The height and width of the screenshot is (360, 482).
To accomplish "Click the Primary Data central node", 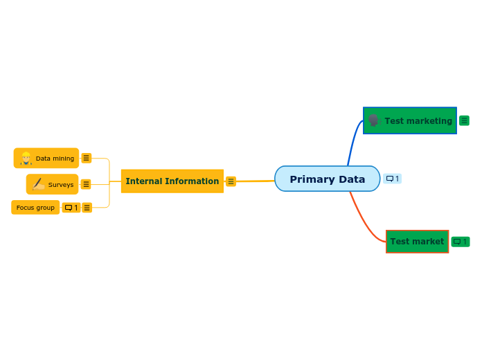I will click(327, 179).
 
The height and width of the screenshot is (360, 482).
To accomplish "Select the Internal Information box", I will click(172, 181).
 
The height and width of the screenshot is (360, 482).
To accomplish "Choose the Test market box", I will click(417, 242).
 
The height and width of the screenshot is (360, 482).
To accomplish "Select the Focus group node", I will click(35, 208).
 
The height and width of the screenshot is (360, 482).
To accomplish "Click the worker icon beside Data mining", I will click(26, 159).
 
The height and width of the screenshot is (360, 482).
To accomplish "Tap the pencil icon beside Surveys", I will click(38, 184).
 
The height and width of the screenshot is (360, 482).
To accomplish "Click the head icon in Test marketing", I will click(373, 120).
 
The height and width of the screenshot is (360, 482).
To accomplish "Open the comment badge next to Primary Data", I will click(392, 179).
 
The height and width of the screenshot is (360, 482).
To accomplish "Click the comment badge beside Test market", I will click(460, 242).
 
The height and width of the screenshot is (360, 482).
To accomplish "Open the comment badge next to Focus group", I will click(71, 208).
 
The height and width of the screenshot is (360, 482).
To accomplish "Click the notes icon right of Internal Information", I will click(231, 181).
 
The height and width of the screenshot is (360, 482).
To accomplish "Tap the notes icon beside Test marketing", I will click(464, 120).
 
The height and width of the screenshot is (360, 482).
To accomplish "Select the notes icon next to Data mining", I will click(86, 158).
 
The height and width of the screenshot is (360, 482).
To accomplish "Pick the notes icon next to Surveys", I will click(86, 184).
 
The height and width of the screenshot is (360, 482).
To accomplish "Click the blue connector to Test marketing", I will click(352, 142).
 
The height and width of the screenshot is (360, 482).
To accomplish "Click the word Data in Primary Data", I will click(352, 179).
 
